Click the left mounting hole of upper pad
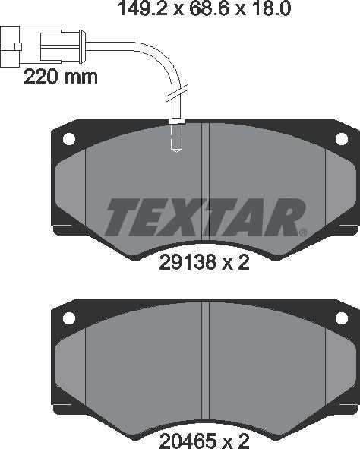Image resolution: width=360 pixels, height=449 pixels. tap(68, 139)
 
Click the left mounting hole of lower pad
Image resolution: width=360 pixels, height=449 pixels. tap(68, 318)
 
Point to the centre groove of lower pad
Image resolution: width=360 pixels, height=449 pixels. tap(205, 365)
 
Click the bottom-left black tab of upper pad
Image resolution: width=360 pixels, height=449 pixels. tap(61, 227)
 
